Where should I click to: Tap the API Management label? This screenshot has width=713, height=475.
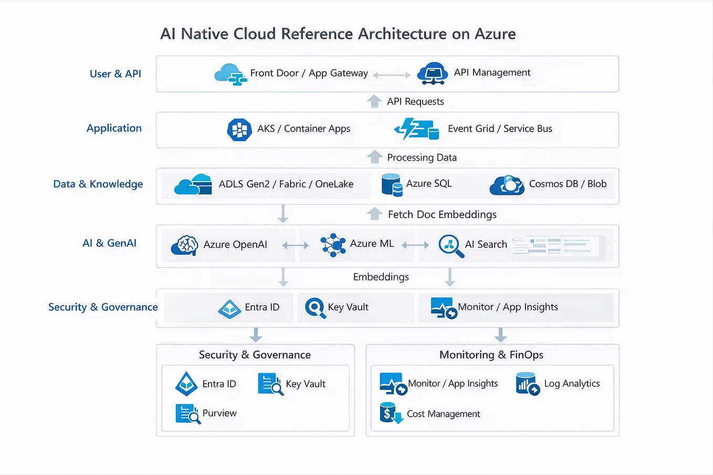pyautogui.click(x=492, y=72)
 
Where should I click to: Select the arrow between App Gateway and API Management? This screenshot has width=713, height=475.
pyautogui.click(x=392, y=75)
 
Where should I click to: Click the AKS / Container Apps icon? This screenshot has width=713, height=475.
pyautogui.click(x=239, y=130)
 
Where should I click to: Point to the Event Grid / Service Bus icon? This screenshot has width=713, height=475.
pyautogui.click(x=417, y=129)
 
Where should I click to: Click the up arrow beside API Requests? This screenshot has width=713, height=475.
pyautogui.click(x=374, y=101)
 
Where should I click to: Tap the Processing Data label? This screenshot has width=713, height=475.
pyautogui.click(x=422, y=157)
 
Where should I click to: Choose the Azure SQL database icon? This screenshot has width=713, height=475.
pyautogui.click(x=392, y=185)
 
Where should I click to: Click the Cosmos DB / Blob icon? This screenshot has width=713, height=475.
pyautogui.click(x=507, y=185)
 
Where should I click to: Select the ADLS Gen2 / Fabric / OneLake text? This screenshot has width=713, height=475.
pyautogui.click(x=286, y=184)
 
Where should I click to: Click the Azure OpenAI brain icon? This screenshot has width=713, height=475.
pyautogui.click(x=185, y=245)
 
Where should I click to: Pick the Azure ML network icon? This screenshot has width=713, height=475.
pyautogui.click(x=333, y=245)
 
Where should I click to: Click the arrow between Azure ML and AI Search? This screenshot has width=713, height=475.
pyautogui.click(x=415, y=245)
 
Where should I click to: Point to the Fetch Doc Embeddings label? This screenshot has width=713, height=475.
pyautogui.click(x=442, y=215)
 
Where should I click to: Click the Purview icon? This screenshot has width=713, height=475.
pyautogui.click(x=188, y=414)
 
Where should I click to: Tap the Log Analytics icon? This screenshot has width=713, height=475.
pyautogui.click(x=528, y=384)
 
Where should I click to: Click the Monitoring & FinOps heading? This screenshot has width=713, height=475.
pyautogui.click(x=491, y=355)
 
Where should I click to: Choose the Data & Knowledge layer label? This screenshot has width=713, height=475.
pyautogui.click(x=98, y=184)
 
